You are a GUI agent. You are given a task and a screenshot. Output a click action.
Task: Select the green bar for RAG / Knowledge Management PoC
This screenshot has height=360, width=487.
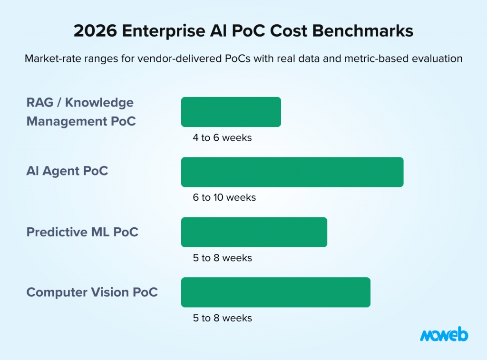click(x=231, y=112)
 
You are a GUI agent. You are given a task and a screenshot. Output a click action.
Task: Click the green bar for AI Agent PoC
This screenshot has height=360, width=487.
click(x=292, y=172)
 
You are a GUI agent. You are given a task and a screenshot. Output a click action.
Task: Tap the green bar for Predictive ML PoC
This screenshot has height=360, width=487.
click(x=254, y=232)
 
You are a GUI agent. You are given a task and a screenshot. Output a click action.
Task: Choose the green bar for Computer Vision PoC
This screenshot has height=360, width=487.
click(x=275, y=292)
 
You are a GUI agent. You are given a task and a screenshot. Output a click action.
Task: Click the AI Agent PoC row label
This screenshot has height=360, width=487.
click(x=67, y=171)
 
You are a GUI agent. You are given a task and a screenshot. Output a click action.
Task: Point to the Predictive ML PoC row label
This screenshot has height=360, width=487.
click(x=82, y=232)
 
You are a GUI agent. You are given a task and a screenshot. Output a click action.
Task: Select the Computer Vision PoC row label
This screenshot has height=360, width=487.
click(x=92, y=292)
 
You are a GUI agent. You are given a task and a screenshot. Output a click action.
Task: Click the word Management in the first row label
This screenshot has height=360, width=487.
click(x=67, y=121)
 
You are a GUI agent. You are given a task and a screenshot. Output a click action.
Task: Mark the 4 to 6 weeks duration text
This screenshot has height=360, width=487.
click(x=222, y=138)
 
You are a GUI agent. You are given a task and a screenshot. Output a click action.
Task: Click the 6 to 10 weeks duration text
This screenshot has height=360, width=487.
click(x=224, y=197)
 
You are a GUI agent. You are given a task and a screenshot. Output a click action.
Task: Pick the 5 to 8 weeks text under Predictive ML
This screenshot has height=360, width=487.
click(x=222, y=258)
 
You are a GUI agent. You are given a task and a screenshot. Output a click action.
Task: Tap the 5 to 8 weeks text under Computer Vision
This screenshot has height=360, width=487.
click(x=222, y=318)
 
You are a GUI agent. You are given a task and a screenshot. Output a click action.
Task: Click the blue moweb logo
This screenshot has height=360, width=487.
click(x=444, y=335)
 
